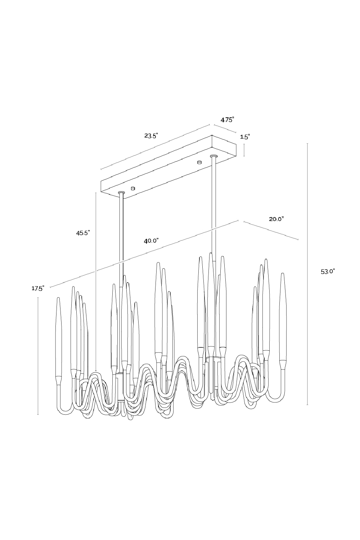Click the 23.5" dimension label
pyautogui.click(x=151, y=136)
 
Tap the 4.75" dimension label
pyautogui.click(x=228, y=120)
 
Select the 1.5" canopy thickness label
pyautogui.click(x=245, y=137)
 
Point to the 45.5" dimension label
pyautogui.click(x=83, y=233)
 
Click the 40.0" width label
pyautogui.click(x=151, y=240)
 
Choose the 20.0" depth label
pyautogui.click(x=276, y=219)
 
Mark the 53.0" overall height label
pyautogui.click(x=328, y=271)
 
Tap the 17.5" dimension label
pyautogui.click(x=37, y=288)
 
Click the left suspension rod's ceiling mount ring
pyautogui.click(x=121, y=193)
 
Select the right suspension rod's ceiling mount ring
pyautogui.click(x=214, y=156)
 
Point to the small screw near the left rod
pyautogui.click(x=133, y=188)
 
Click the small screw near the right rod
pyautogui.click(x=199, y=162)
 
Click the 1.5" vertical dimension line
pyautogui.click(x=244, y=150)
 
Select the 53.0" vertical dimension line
pyautogui.click(x=307, y=274)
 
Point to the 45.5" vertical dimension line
pyautogui.click(x=96, y=281)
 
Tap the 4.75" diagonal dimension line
pyautogui.click(x=225, y=129)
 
